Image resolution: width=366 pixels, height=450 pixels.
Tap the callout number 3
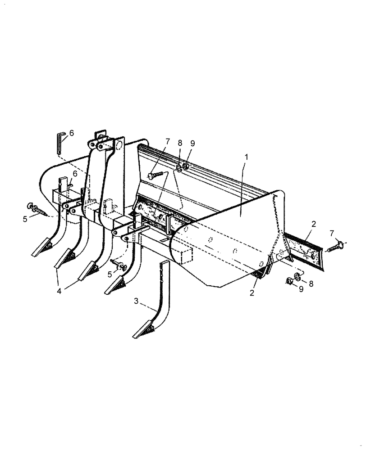[x=136, y=301]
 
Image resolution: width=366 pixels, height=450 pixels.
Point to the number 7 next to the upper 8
[x=167, y=142]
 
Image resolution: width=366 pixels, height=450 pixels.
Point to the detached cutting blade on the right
[x=304, y=245]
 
